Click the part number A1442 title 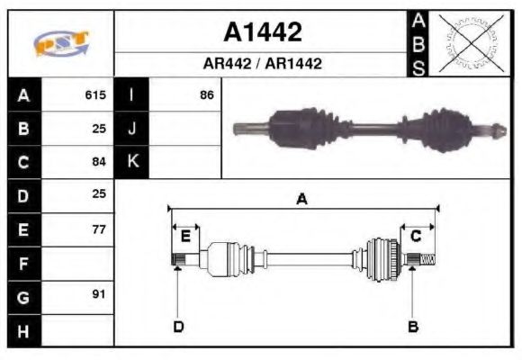click(x=262, y=33)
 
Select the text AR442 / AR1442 click(x=262, y=65)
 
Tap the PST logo click(x=61, y=42)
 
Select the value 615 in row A click(x=95, y=94)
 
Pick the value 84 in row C click(x=99, y=162)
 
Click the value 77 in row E click(x=99, y=229)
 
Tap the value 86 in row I click(x=206, y=94)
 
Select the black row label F click(x=23, y=263)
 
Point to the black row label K click(x=131, y=162)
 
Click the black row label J click(x=131, y=128)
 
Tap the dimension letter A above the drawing click(x=302, y=199)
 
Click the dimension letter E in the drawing click(x=185, y=237)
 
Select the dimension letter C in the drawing click(x=416, y=237)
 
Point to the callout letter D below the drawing click(x=177, y=326)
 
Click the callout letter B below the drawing click(x=413, y=326)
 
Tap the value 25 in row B click(x=99, y=128)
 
